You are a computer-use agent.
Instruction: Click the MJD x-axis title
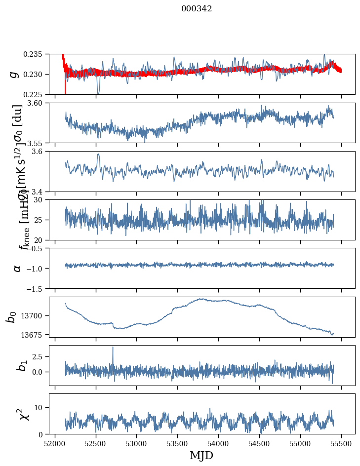pos(201,456)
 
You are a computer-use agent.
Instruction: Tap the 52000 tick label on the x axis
pos(55,444)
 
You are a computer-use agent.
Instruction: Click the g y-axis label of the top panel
pos(14,74)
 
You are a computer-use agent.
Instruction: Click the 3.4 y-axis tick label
pos(40,191)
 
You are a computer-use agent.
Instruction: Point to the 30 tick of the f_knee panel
pos(41,200)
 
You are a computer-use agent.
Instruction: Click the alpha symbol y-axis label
pos(17,268)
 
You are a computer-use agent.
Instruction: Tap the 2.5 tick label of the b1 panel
pos(40,356)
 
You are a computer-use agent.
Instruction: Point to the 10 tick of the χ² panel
pos(41,407)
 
